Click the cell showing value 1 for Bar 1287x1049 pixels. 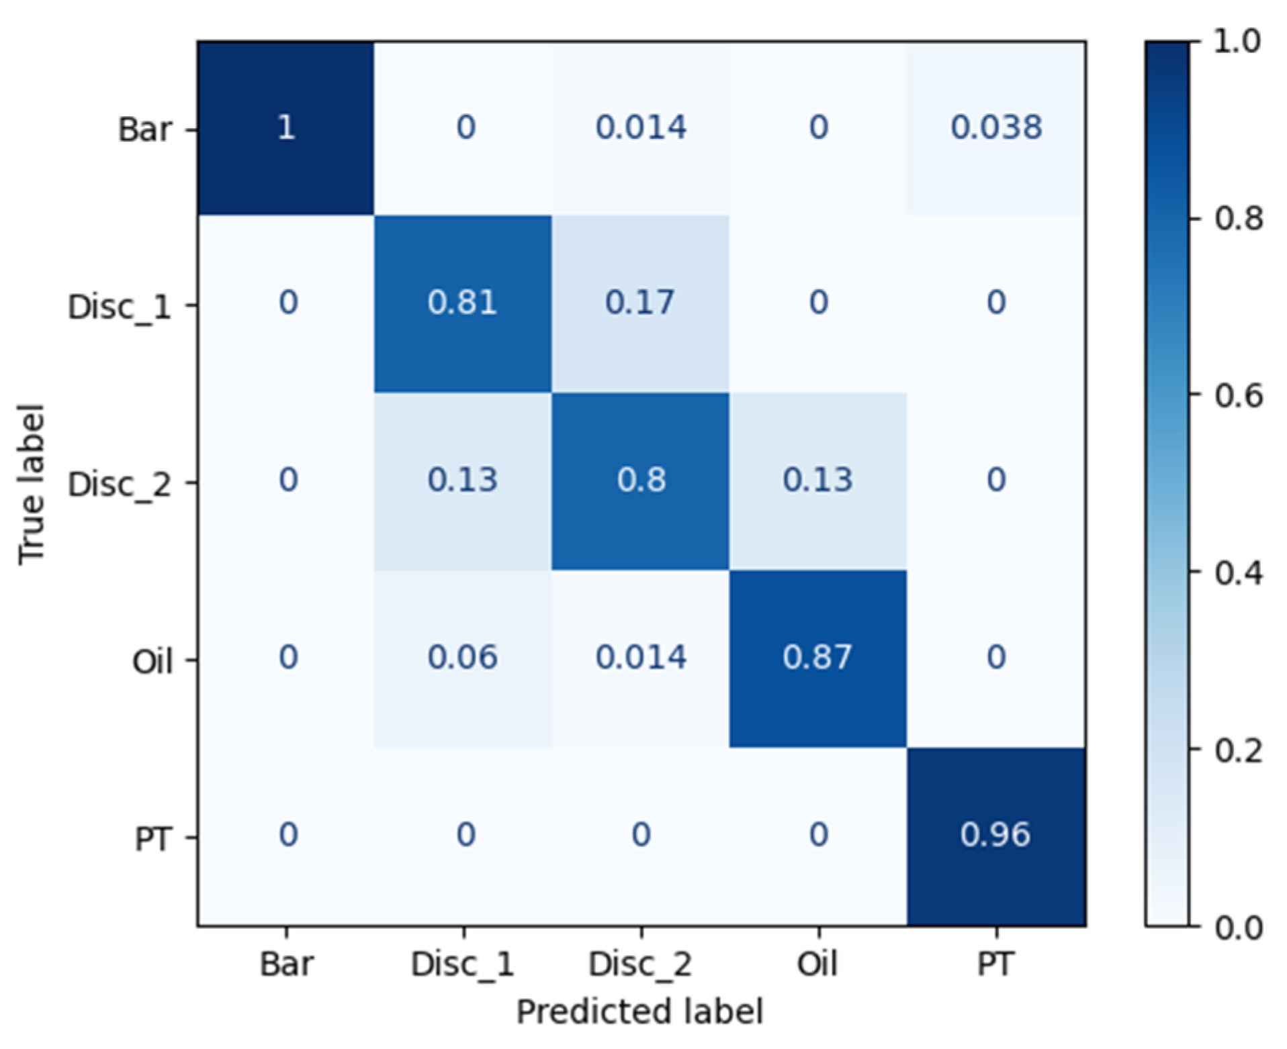click(286, 128)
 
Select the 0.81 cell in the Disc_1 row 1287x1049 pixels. click(462, 303)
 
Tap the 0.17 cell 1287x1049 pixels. click(639, 303)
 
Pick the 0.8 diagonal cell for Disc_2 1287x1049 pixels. click(641, 480)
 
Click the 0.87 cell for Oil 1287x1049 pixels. click(817, 657)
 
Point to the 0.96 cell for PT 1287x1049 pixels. click(995, 835)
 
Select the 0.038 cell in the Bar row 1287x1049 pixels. click(995, 128)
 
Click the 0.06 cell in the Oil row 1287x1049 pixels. click(462, 657)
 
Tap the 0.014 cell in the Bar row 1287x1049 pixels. click(641, 128)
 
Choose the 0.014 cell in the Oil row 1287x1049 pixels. click(641, 657)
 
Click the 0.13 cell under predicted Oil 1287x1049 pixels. click(817, 480)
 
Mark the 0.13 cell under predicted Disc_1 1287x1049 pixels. click(462, 480)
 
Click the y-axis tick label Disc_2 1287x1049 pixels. click(120, 484)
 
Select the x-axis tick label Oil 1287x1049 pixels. click(817, 964)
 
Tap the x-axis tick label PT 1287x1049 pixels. click(995, 964)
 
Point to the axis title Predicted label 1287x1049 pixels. click(639, 1011)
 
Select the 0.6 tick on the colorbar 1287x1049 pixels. click(1237, 396)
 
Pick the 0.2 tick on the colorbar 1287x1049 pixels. click(1237, 750)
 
